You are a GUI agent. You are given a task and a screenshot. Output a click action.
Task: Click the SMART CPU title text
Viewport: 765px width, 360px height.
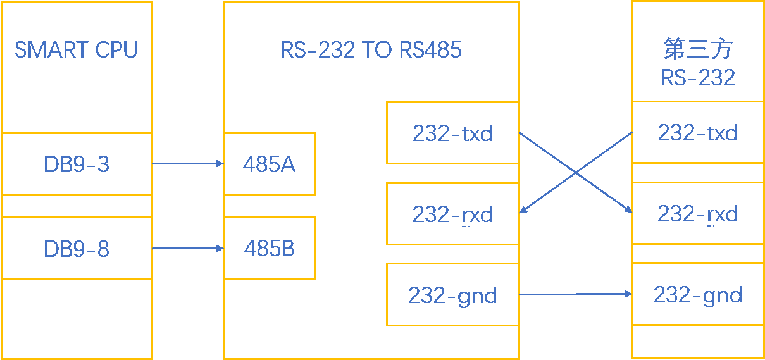[x=76, y=49]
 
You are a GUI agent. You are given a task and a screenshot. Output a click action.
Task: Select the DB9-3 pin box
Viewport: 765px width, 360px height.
[x=77, y=164]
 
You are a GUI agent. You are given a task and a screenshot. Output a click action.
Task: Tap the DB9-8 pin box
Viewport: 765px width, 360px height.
[x=77, y=249]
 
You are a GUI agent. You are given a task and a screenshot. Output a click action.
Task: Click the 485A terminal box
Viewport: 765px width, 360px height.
[x=270, y=164]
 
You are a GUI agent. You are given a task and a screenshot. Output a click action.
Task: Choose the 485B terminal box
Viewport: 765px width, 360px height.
[x=270, y=249]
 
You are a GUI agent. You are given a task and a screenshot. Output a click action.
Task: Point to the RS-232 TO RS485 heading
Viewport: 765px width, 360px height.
[x=371, y=50]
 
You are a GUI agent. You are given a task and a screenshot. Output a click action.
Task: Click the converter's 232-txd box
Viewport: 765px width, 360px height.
[x=452, y=133]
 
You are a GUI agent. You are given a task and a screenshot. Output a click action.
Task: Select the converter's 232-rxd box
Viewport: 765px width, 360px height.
[x=452, y=214]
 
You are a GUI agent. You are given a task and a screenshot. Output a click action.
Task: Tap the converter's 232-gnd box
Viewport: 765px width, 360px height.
[x=452, y=295]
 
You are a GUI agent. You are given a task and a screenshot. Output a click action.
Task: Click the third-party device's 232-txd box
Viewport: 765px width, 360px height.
[x=698, y=133]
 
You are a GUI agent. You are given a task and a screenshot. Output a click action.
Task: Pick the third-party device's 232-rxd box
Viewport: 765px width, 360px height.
[x=698, y=214]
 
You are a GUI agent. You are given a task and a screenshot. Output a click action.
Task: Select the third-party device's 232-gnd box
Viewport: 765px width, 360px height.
[x=698, y=295]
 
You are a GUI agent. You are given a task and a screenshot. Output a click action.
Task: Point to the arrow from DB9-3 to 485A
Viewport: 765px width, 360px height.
[x=188, y=164]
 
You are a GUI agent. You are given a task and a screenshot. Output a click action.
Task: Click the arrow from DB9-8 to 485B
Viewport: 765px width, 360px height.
[x=188, y=249]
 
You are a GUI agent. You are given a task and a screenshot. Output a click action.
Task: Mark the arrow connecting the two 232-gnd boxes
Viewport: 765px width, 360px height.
[x=575, y=294]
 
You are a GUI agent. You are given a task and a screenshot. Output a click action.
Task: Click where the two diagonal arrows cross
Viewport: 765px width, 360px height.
[x=576, y=173]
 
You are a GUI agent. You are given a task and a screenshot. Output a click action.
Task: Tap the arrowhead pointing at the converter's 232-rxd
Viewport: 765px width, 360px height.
[x=523, y=211]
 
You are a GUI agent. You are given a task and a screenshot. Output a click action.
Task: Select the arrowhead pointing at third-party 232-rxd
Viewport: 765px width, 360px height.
[x=628, y=211]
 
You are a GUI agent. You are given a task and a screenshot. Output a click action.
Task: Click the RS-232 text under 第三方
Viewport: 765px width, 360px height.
[x=698, y=77]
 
